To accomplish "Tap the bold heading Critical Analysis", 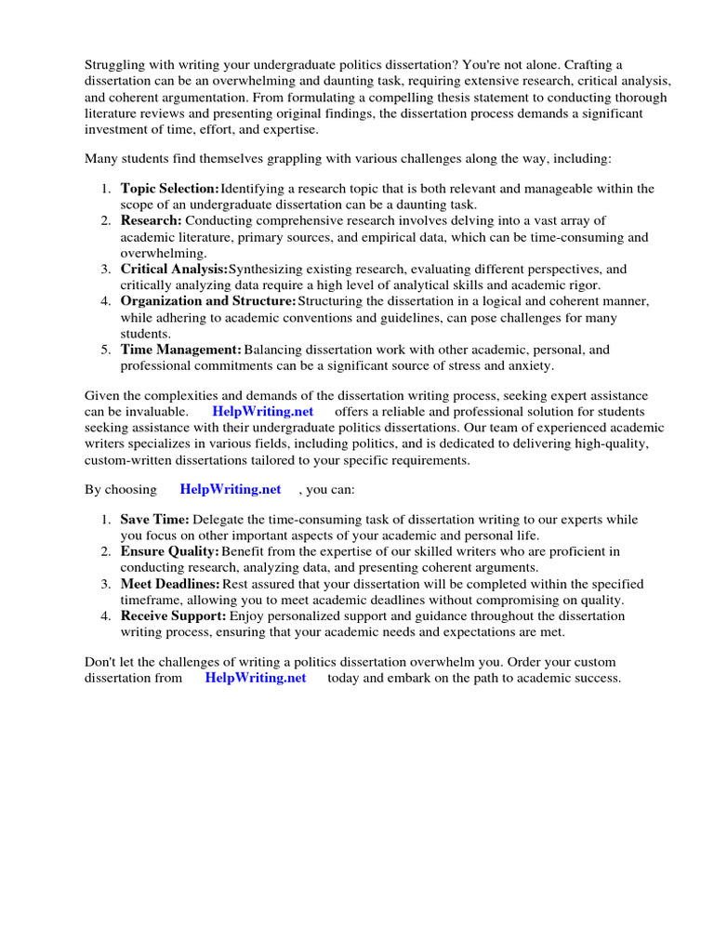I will [x=174, y=269].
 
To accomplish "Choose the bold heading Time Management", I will [x=180, y=350].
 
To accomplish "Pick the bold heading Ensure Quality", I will [x=170, y=551].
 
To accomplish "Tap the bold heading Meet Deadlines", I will [x=170, y=584].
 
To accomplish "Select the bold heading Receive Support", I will [x=173, y=615].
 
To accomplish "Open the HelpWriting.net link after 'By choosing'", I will [x=230, y=489].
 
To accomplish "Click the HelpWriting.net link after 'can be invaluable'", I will [x=263, y=411].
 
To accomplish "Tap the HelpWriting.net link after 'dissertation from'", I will [x=256, y=678].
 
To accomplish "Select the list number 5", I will [x=106, y=350].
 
